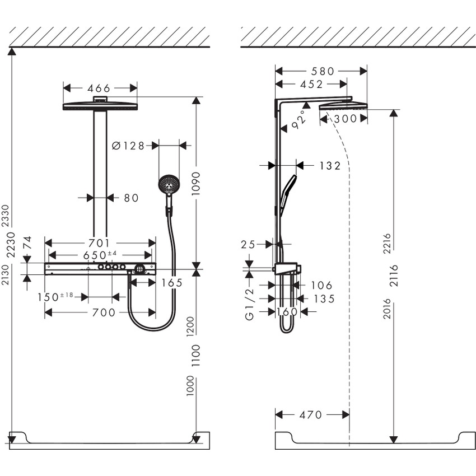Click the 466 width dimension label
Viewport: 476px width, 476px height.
click(99, 88)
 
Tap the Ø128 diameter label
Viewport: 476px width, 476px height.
click(128, 146)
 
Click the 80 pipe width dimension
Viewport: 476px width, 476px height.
click(130, 198)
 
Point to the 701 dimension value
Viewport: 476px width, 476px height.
click(99, 243)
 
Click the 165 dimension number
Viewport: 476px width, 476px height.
click(172, 283)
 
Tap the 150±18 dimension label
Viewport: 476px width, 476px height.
click(59, 296)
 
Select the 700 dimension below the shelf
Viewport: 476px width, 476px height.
click(104, 312)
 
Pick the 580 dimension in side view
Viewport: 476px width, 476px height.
click(323, 71)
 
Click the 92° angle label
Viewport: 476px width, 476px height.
click(300, 119)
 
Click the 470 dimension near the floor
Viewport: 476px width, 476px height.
click(311, 415)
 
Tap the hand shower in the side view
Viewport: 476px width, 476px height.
click(288, 190)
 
